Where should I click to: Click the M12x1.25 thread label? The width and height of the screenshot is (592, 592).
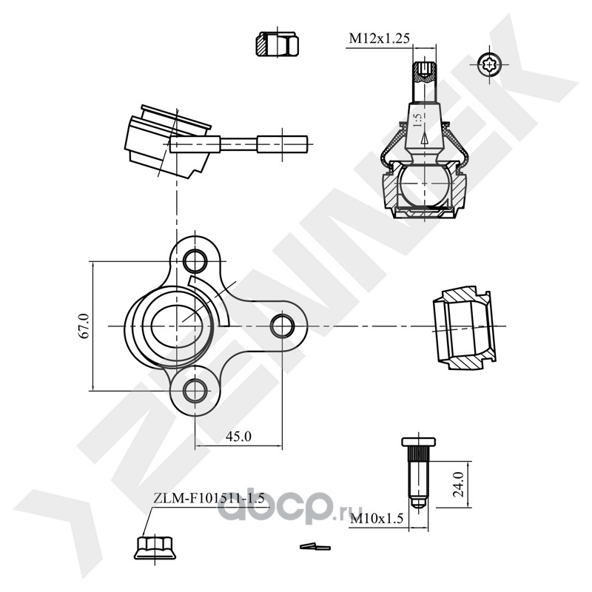pyautogui.click(x=379, y=38)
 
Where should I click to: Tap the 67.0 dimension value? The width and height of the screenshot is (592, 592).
pyautogui.click(x=84, y=326)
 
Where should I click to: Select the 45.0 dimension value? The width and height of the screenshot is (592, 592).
pyautogui.click(x=238, y=437)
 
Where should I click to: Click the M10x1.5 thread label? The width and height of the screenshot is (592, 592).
pyautogui.click(x=377, y=519)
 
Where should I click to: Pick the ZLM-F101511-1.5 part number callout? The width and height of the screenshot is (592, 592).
pyautogui.click(x=209, y=498)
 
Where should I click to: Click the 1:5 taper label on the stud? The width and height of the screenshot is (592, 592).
pyautogui.click(x=417, y=120)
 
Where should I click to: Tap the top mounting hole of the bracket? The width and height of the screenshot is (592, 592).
pyautogui.click(x=195, y=260)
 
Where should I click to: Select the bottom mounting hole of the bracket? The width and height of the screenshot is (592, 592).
pyautogui.click(x=195, y=391)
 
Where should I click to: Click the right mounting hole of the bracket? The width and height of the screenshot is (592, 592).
pyautogui.click(x=283, y=326)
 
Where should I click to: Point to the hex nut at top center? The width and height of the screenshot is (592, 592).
pyautogui.click(x=277, y=44)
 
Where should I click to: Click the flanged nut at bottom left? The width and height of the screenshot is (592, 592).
pyautogui.click(x=155, y=548)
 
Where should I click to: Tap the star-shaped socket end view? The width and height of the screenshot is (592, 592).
pyautogui.click(x=489, y=65)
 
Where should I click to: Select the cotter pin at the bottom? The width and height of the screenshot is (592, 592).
pyautogui.click(x=315, y=546)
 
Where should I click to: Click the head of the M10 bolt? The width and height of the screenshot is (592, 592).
pyautogui.click(x=418, y=442)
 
